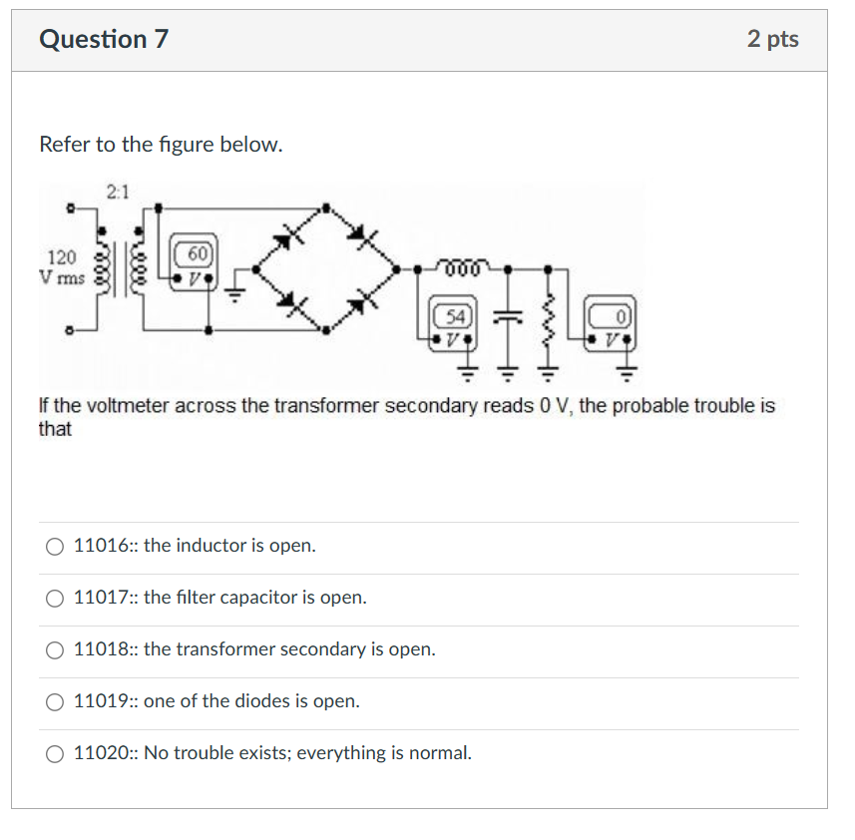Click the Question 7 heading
[x=104, y=40]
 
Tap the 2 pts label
[x=772, y=40]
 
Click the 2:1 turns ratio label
[x=118, y=193]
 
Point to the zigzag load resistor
[x=547, y=317]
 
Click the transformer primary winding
[x=100, y=266]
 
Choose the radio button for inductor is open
[x=54, y=546]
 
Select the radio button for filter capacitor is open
[x=54, y=598]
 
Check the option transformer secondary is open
[x=54, y=649]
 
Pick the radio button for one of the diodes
[x=54, y=701]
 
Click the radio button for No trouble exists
[x=54, y=753]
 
